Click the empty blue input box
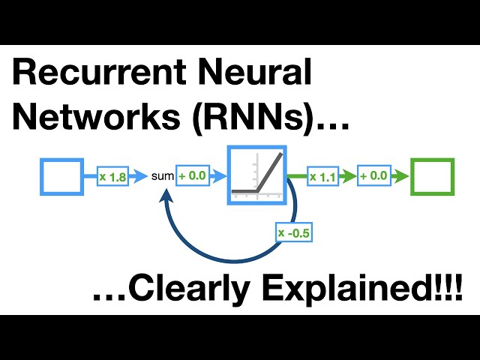pos(62,177)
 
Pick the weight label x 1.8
pos(113,177)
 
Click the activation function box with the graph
pos(257,176)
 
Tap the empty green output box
pos(432,177)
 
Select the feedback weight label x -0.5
pos(294,233)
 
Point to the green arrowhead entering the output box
pos(403,177)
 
